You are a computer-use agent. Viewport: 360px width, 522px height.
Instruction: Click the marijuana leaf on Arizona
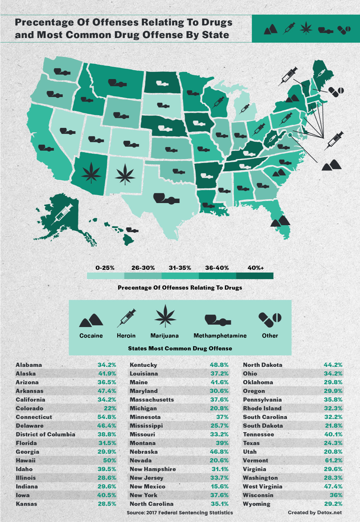91,172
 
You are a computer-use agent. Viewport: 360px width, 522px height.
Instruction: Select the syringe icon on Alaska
62,214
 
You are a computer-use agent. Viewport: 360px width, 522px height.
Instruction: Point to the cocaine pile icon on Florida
280,221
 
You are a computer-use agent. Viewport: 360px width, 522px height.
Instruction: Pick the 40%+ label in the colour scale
255,268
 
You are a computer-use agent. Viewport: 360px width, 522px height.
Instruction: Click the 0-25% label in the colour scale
105,268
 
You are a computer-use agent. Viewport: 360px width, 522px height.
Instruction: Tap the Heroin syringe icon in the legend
126,318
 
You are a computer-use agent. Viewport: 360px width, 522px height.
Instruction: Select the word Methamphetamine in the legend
220,336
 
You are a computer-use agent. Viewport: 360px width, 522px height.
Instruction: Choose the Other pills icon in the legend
270,319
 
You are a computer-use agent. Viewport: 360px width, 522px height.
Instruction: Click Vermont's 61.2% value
333,460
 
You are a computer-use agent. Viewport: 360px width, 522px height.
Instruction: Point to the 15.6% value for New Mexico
219,486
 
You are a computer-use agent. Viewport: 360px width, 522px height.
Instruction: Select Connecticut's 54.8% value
107,417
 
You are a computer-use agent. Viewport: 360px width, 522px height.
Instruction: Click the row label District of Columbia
46,434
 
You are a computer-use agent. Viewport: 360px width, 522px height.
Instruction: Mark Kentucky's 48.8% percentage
219,365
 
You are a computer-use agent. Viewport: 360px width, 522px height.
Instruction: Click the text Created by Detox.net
315,512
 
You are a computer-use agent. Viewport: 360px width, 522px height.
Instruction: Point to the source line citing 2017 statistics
180,512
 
